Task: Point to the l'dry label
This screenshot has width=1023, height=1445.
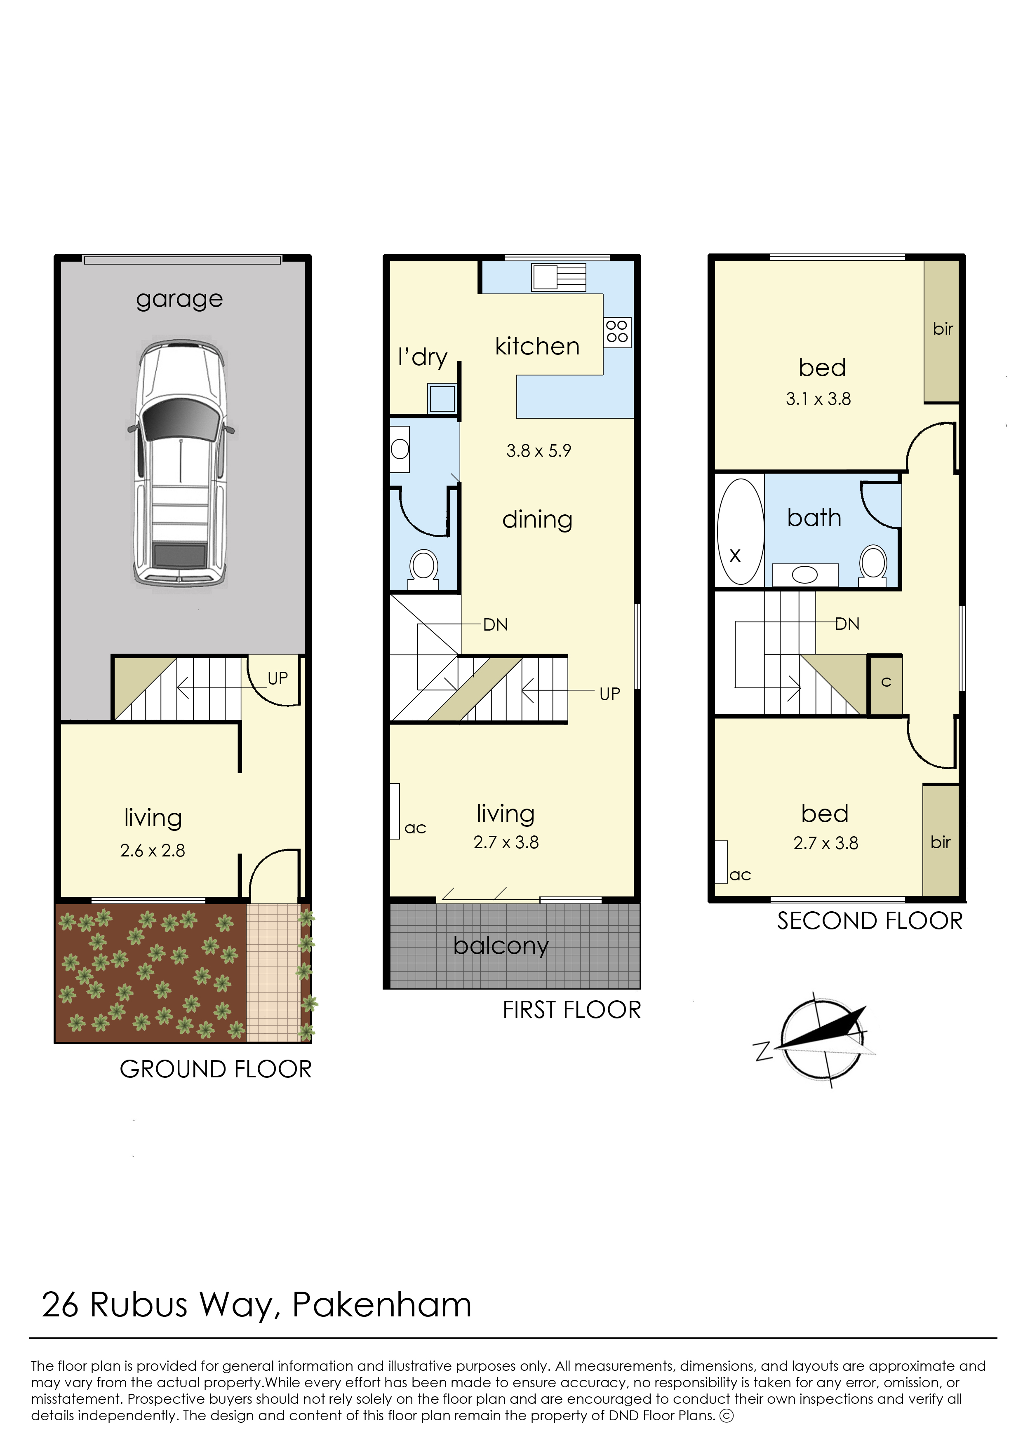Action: point(423,357)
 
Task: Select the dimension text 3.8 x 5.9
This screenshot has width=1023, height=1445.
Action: point(539,451)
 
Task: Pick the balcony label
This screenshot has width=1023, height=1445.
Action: point(501,946)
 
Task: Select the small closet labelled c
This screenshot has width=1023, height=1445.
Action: point(886,685)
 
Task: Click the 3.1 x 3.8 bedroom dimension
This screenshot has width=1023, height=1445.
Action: point(818,399)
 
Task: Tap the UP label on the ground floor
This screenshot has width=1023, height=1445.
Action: point(278,678)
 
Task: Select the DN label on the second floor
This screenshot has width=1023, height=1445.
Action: point(847,624)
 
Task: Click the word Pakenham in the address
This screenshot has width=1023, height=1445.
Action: point(382,1305)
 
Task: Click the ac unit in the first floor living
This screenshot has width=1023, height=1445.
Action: point(395,811)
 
